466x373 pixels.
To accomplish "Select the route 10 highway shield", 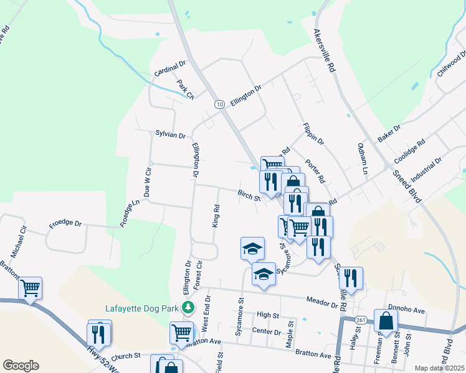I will click(x=219, y=104).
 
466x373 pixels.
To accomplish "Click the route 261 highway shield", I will click(x=361, y=320).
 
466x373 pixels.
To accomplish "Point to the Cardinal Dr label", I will click(x=171, y=68).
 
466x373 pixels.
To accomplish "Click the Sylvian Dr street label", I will click(x=170, y=135).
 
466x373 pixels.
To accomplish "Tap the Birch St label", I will click(x=249, y=196).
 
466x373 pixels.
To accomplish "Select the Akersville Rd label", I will click(x=325, y=49).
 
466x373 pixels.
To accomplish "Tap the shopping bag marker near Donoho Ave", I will click(x=386, y=321).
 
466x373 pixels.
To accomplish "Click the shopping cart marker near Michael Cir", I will click(x=30, y=288).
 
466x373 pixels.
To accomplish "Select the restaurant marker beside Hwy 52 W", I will click(x=100, y=333).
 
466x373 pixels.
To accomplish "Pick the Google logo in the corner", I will click(x=21, y=366).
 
